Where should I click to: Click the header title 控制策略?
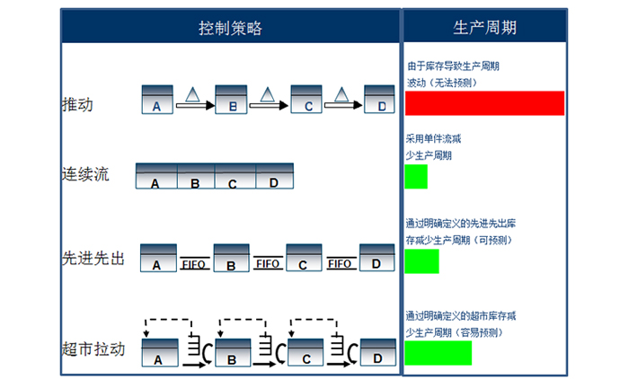pyautogui.click(x=230, y=28)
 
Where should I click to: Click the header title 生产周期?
pyautogui.click(x=484, y=28)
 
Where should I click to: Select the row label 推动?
pyautogui.click(x=77, y=104)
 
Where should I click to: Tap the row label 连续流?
pyautogui.click(x=85, y=174)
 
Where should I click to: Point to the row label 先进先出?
pyautogui.click(x=93, y=259)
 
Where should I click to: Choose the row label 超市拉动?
pyautogui.click(x=93, y=349)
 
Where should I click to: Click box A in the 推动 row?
pyautogui.click(x=157, y=100)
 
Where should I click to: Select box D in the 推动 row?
pyautogui.click(x=379, y=100)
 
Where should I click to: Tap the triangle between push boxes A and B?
pyautogui.click(x=192, y=94)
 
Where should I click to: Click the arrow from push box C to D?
pyautogui.click(x=343, y=105)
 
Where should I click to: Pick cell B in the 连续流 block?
pyautogui.click(x=196, y=176)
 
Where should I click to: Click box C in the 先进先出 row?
pyautogui.click(x=304, y=258)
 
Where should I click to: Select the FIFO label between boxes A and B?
pyautogui.click(x=195, y=264)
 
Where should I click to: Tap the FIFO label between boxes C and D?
pyautogui.click(x=341, y=263)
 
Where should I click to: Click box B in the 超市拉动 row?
pyautogui.click(x=233, y=353)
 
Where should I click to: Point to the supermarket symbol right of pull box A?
pyautogui.click(x=200, y=349)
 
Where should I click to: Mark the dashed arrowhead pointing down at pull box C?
pyautogui.click(x=292, y=334)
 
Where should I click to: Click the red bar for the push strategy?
pyautogui.click(x=484, y=103)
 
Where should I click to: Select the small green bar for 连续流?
pyautogui.click(x=416, y=176)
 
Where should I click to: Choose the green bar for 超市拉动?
pyautogui.click(x=439, y=353)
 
